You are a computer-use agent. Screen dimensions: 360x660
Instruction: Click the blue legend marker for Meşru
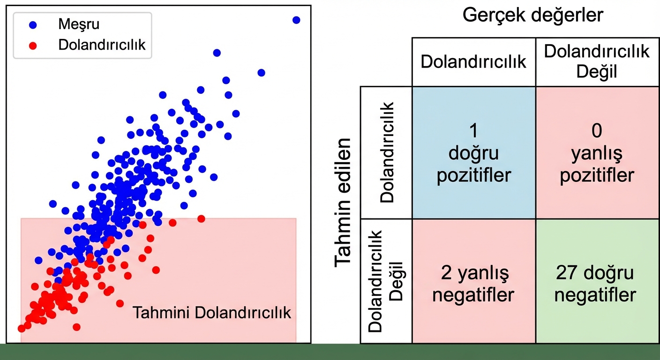coord(32,25)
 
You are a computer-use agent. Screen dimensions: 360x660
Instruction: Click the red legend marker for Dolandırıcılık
coord(32,45)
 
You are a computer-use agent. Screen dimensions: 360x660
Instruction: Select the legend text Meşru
coord(79,24)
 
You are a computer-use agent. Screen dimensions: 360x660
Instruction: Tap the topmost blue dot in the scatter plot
coord(296,20)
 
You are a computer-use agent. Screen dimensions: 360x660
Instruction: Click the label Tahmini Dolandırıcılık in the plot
coord(212,313)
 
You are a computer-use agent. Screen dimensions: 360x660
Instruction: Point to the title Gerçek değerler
coord(533,15)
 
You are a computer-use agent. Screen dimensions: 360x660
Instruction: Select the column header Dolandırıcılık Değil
coord(597,61)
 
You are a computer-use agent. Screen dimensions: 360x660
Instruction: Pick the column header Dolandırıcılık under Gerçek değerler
coord(473,62)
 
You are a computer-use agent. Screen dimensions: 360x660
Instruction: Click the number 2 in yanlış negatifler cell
coord(446,273)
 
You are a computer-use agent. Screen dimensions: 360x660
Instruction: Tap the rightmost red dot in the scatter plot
coord(202,218)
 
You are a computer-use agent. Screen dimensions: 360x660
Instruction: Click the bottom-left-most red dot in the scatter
coord(22,329)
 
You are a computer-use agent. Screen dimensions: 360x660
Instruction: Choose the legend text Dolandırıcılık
coord(102,45)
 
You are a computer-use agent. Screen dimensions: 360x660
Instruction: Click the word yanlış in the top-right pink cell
coord(597,153)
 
